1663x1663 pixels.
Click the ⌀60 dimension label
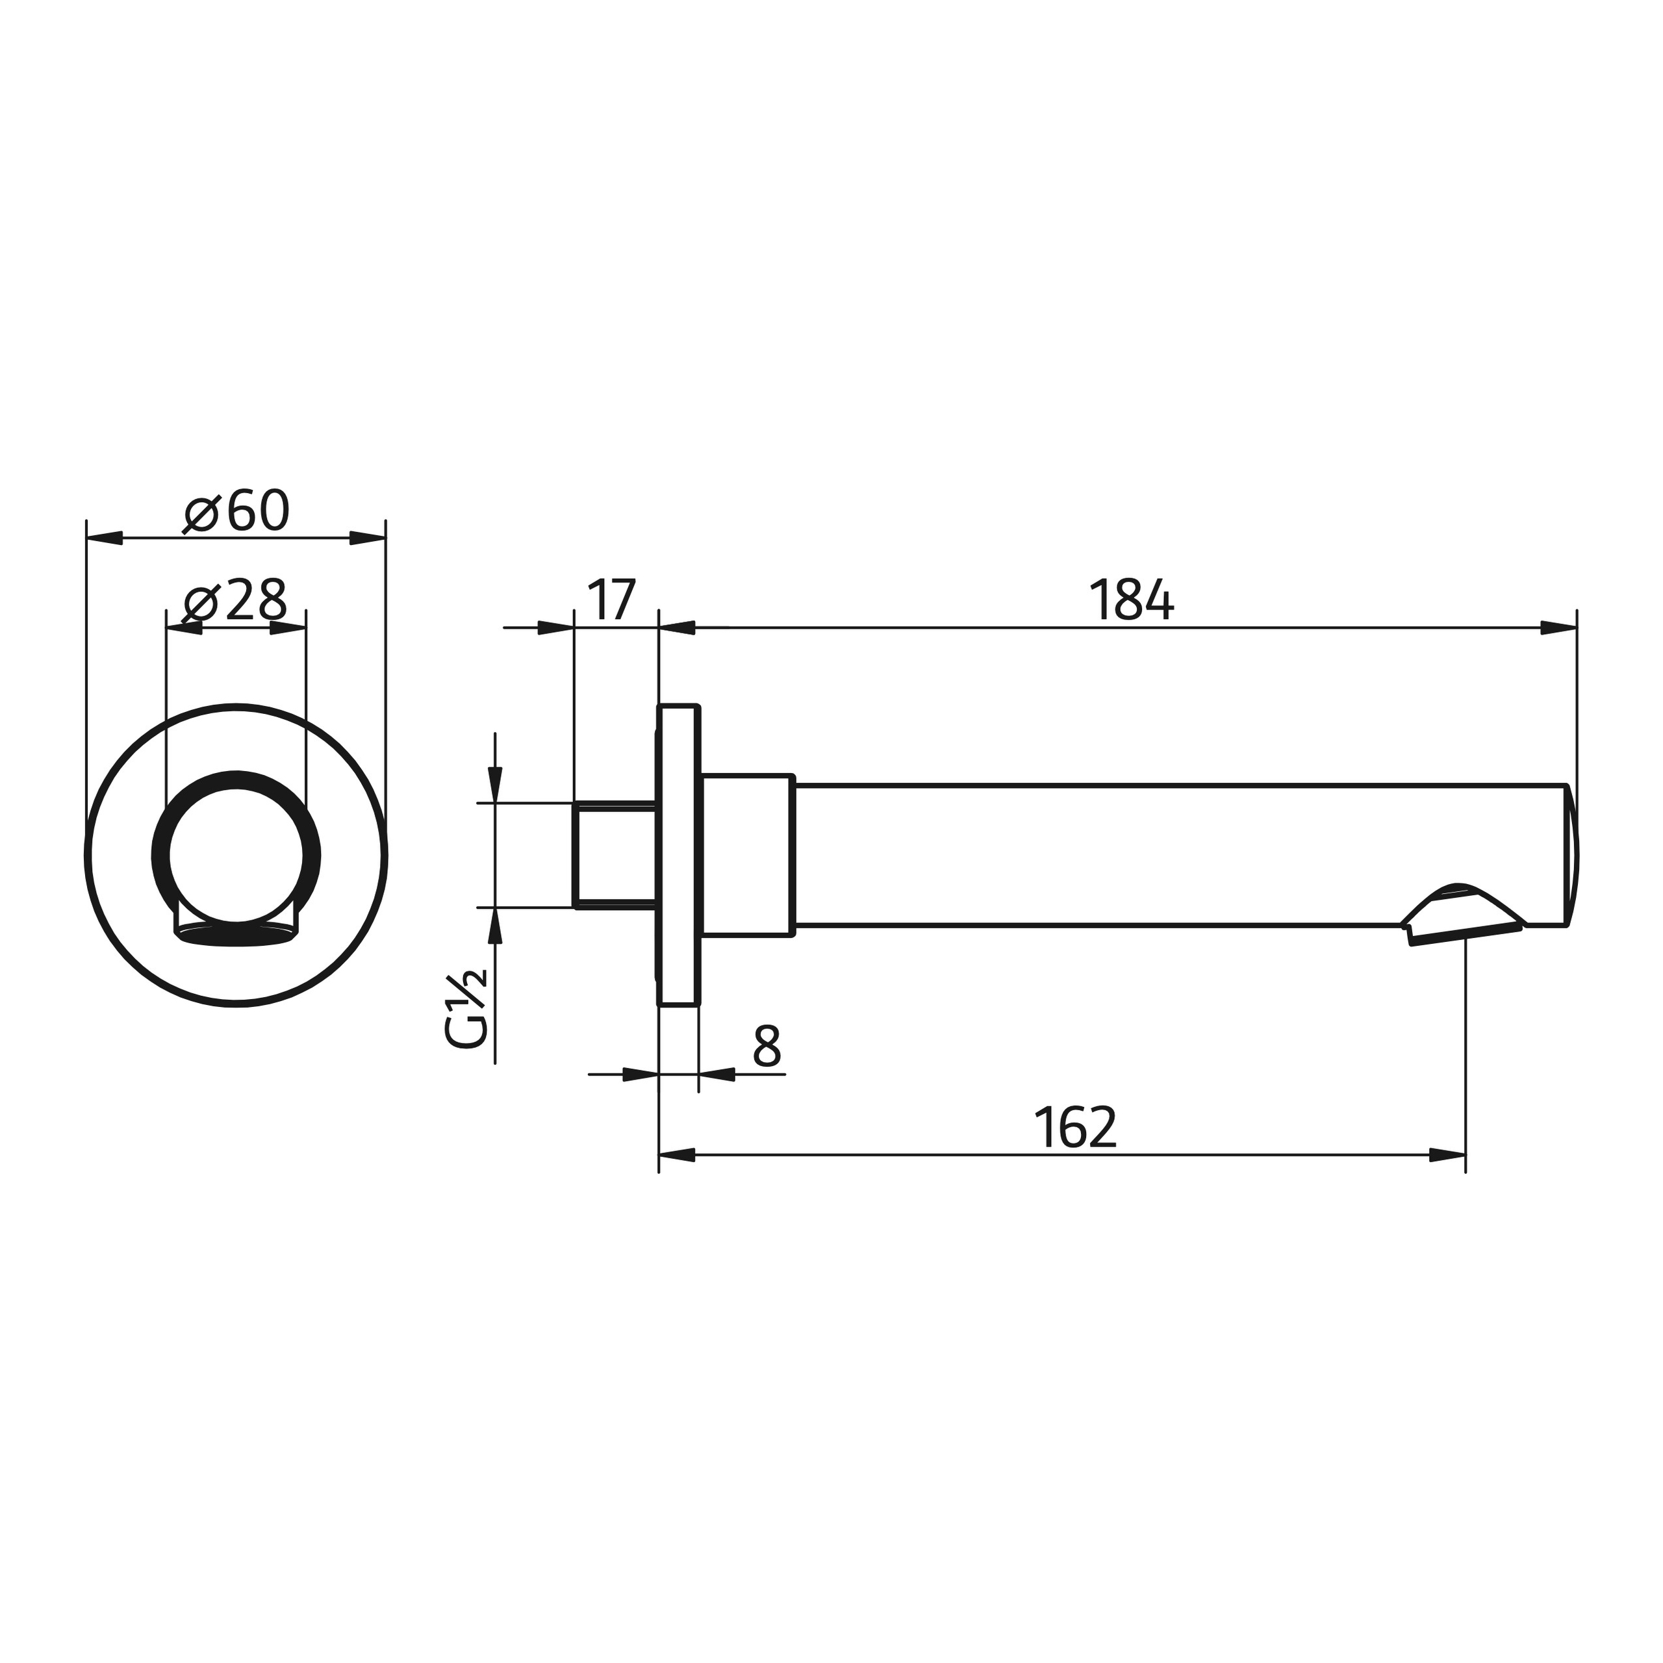pyautogui.click(x=236, y=513)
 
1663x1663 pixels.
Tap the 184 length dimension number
pyautogui.click(x=1130, y=600)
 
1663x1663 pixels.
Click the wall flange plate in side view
pyautogui.click(x=678, y=855)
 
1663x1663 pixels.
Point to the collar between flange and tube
pyautogui.click(x=747, y=855)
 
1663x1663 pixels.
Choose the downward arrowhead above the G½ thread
pyautogui.click(x=495, y=784)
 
